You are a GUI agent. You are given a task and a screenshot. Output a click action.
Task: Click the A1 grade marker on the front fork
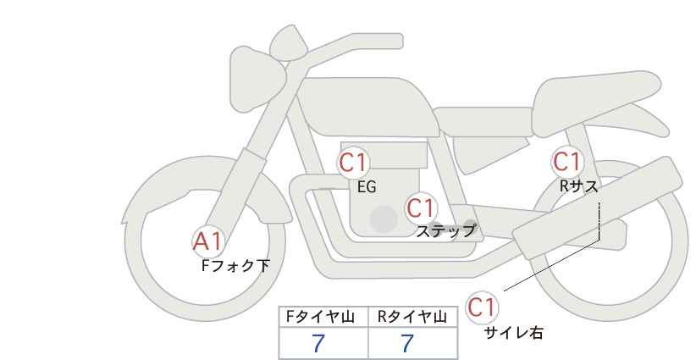208,241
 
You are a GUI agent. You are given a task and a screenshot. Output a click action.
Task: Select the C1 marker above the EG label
354,163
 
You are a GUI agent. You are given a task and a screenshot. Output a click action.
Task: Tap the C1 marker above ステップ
421,208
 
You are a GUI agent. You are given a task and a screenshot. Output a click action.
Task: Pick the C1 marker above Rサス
567,161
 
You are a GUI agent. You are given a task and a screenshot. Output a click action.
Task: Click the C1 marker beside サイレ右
483,307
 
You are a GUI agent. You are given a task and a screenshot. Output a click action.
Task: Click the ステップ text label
445,230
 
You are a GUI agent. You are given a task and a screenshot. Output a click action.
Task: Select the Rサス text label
578,186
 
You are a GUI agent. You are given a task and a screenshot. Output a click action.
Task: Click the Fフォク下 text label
235,265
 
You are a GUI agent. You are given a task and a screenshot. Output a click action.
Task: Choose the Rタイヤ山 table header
412,317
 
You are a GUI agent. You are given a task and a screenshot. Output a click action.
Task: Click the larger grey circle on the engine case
383,220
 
